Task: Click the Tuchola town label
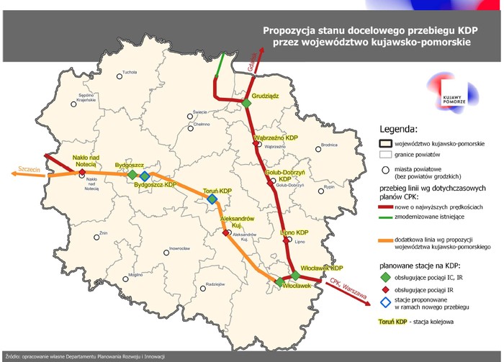(x=129, y=73)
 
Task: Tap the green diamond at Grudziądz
(x=246, y=104)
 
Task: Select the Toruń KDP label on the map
(x=216, y=191)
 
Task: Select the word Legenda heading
(x=398, y=130)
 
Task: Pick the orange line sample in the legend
(x=392, y=239)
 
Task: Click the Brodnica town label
(x=329, y=145)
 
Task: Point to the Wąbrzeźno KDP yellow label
(x=276, y=137)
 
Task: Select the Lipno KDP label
(x=294, y=233)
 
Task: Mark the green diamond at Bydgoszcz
(x=132, y=175)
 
